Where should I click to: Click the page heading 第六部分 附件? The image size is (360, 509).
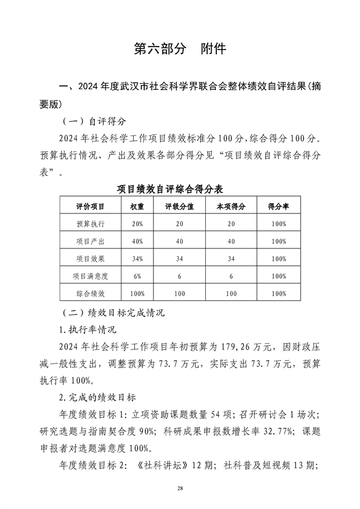coord(180,49)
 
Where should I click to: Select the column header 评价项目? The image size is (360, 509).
coord(90,206)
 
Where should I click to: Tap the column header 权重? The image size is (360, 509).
coord(137,206)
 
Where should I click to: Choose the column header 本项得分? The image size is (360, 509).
coord(231,206)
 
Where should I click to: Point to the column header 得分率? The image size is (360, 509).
coord(278,206)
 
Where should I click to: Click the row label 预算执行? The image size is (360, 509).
coord(90,224)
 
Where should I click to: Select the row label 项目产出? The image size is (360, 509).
coord(90,241)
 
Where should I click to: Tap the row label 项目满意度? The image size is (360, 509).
coord(90,276)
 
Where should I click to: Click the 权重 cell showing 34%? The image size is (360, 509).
coord(137,259)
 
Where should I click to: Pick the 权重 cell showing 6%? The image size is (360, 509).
coord(137,276)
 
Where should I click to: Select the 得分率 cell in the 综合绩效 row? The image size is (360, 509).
coord(278,294)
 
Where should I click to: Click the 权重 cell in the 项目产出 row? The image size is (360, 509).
coord(137,241)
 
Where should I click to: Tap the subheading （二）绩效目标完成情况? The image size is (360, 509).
coord(113,313)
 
